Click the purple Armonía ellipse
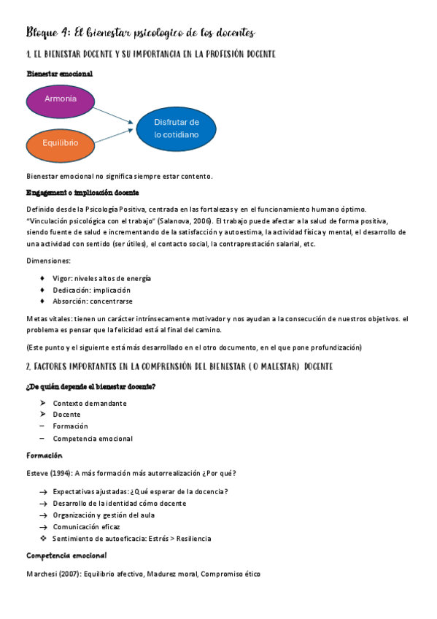pyautogui.click(x=60, y=99)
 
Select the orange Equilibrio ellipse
pyautogui.click(x=60, y=143)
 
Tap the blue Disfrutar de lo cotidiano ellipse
pyautogui.click(x=176, y=128)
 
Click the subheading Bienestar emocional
pyautogui.click(x=59, y=74)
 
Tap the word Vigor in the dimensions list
pyautogui.click(x=63, y=279)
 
